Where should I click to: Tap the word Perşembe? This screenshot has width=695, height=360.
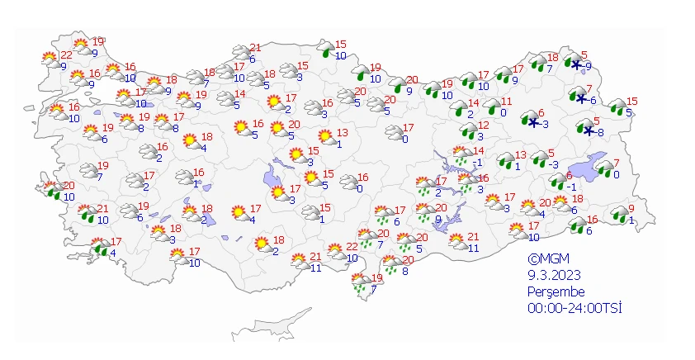(556, 291)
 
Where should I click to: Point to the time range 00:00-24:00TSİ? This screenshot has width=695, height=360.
(574, 308)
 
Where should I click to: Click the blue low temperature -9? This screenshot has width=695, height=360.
(587, 66)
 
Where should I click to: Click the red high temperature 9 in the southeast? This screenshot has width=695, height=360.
(631, 208)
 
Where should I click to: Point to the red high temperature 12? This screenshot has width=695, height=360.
(484, 126)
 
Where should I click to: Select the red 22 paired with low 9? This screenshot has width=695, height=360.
(66, 54)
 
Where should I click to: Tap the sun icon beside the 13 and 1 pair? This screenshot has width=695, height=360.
(327, 136)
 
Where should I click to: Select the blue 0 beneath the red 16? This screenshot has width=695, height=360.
(360, 188)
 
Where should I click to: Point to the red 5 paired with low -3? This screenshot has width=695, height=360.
(551, 153)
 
